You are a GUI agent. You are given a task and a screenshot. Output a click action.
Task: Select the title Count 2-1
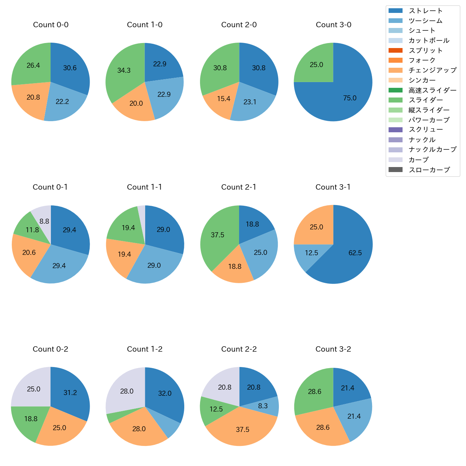pos(239,187)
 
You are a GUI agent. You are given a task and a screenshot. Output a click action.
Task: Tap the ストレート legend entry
pos(425,11)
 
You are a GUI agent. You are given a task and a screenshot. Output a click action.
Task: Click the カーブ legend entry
pos(418,160)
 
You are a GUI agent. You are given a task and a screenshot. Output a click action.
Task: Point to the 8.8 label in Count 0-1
pos(44,222)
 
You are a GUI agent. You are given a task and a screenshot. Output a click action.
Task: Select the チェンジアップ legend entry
pos(432,70)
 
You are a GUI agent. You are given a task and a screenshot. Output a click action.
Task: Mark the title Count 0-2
pos(51,349)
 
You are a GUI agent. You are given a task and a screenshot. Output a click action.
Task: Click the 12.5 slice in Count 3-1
pos(311,253)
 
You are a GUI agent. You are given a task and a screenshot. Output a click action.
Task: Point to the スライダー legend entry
pos(425,100)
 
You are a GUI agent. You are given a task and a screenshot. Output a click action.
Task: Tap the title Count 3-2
pos(333,349)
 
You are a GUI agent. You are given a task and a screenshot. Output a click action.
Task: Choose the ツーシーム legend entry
pos(425,21)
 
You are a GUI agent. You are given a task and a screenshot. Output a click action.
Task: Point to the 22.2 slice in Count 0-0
pos(63,102)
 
